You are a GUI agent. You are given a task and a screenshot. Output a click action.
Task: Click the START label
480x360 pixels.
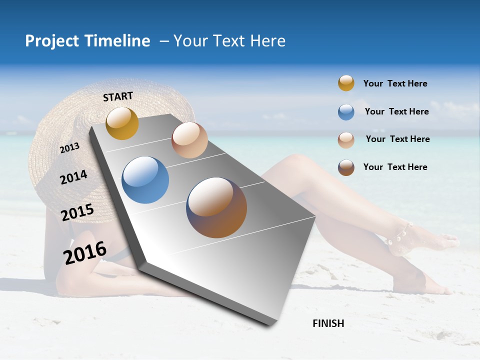[x=118, y=96]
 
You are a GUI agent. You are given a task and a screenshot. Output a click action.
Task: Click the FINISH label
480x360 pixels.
[x=328, y=323]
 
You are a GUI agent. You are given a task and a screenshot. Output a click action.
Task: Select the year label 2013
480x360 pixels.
[x=69, y=148]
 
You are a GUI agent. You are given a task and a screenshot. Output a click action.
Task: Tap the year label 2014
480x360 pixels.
[x=73, y=177]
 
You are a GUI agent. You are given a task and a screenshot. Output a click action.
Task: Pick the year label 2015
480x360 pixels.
[x=77, y=213]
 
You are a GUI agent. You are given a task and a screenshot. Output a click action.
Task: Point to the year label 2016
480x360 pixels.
[x=85, y=252]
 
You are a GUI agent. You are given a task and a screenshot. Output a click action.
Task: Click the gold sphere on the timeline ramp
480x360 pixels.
[x=122, y=123]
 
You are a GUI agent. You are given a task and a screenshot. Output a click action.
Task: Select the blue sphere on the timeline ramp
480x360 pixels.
[x=145, y=180]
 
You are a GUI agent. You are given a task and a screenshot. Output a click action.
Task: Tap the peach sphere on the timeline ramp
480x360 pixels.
[x=189, y=140]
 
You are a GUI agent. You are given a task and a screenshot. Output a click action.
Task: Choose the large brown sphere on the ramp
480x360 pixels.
[x=216, y=207]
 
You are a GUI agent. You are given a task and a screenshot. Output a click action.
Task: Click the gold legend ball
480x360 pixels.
[x=346, y=83]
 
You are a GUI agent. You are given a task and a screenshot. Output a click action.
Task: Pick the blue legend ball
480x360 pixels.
[x=346, y=111]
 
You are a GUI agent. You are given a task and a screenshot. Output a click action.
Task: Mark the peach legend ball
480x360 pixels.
[x=346, y=139]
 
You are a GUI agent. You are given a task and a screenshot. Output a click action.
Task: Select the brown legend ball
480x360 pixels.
[x=346, y=167]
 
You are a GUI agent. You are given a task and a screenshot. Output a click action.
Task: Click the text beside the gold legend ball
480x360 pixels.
[x=395, y=83]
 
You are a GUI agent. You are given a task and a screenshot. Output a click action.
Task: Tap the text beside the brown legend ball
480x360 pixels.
[x=395, y=167]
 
